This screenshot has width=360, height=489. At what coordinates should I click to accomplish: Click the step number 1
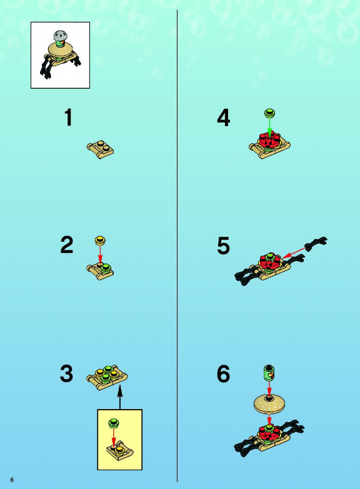68,117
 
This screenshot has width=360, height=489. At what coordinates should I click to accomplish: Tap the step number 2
66,245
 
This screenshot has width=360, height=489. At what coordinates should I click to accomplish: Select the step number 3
66,373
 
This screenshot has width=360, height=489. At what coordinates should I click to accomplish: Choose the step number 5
223,245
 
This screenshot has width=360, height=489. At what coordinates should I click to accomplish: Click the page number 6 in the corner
12,480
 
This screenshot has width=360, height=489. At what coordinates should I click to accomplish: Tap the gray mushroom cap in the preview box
61,36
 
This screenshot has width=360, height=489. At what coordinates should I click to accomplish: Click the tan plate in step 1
100,149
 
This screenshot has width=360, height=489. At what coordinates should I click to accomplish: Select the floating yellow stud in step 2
100,240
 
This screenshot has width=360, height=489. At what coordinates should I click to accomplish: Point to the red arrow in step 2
100,254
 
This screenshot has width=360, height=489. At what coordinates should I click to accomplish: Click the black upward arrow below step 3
120,397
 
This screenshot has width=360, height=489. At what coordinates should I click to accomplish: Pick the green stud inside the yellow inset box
114,423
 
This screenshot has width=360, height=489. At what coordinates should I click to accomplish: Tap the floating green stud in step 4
270,112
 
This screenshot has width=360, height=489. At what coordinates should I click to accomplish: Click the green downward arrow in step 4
270,127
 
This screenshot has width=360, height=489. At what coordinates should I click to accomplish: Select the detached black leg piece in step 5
316,244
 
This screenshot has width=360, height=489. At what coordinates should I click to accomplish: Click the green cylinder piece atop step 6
269,373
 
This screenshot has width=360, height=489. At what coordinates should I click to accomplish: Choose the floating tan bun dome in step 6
269,405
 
